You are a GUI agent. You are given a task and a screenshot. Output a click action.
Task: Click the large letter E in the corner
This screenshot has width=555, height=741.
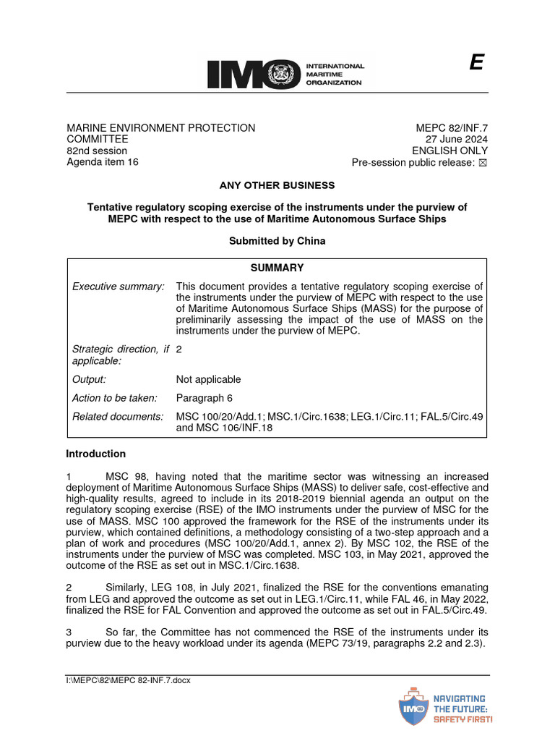click(x=476, y=64)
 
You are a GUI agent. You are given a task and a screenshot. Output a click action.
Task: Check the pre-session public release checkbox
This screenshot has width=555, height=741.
click(x=483, y=163)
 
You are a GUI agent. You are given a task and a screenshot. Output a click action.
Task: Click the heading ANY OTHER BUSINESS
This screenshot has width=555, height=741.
click(x=277, y=185)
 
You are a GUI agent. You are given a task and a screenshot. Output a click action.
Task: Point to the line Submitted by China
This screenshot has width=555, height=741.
click(x=277, y=241)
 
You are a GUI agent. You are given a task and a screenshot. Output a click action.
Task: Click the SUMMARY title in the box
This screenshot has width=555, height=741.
click(x=277, y=268)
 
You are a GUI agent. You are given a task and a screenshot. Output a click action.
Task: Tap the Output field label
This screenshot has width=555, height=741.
click(x=89, y=379)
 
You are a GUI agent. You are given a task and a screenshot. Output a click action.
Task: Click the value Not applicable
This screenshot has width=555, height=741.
click(x=208, y=379)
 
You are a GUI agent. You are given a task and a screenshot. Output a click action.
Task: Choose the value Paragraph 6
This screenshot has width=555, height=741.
click(x=205, y=398)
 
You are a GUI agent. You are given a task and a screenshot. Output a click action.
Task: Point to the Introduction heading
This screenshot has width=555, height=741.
click(x=95, y=454)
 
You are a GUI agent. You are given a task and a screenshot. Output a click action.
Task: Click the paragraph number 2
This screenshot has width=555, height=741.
click(x=69, y=588)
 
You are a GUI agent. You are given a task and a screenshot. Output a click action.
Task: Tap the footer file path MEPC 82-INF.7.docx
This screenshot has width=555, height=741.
click(x=128, y=680)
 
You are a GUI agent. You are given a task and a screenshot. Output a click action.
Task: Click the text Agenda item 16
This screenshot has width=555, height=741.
click(x=103, y=162)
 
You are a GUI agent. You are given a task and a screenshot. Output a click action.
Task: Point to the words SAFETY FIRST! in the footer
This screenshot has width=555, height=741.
click(x=462, y=720)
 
